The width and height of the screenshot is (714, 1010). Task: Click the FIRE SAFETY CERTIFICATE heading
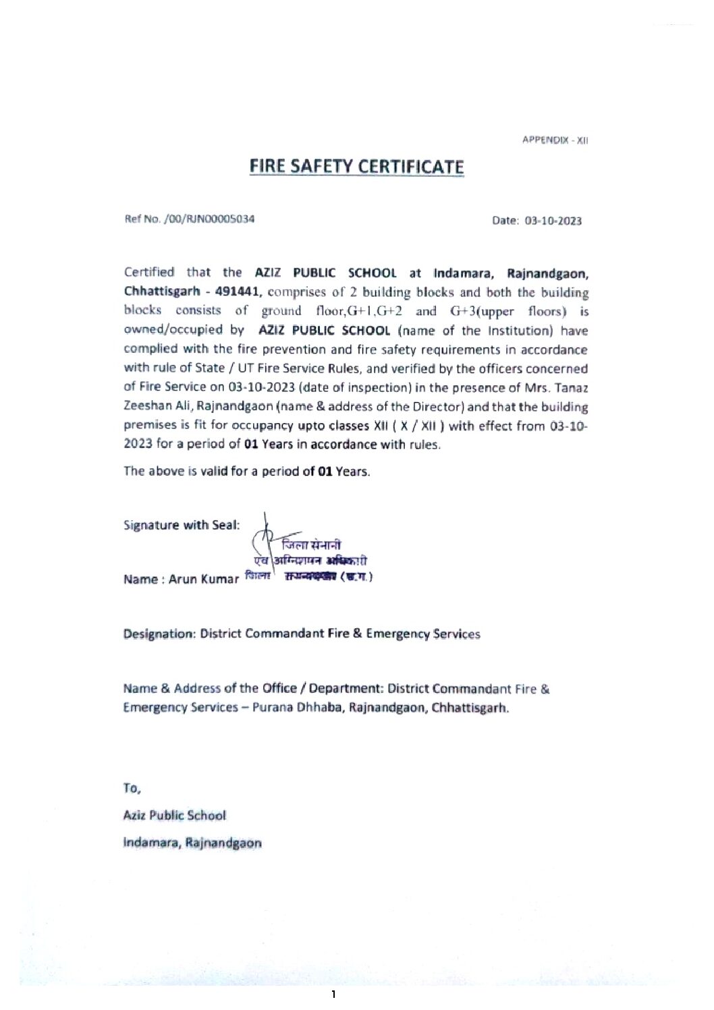(356, 167)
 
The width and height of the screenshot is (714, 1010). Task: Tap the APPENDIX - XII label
(555, 140)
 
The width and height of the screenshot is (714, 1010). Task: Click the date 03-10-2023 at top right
(553, 221)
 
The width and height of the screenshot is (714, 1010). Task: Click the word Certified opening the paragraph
(148, 272)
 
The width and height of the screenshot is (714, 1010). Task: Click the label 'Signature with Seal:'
(181, 525)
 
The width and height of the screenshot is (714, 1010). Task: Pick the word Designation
(159, 634)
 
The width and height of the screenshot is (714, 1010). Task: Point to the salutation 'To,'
(132, 788)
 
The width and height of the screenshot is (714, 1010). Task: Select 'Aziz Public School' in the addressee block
(174, 815)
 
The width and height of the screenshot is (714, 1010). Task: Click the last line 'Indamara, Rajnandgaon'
(192, 843)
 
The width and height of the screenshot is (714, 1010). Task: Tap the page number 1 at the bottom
(333, 994)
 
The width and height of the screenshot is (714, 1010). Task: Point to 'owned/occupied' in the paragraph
(173, 330)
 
